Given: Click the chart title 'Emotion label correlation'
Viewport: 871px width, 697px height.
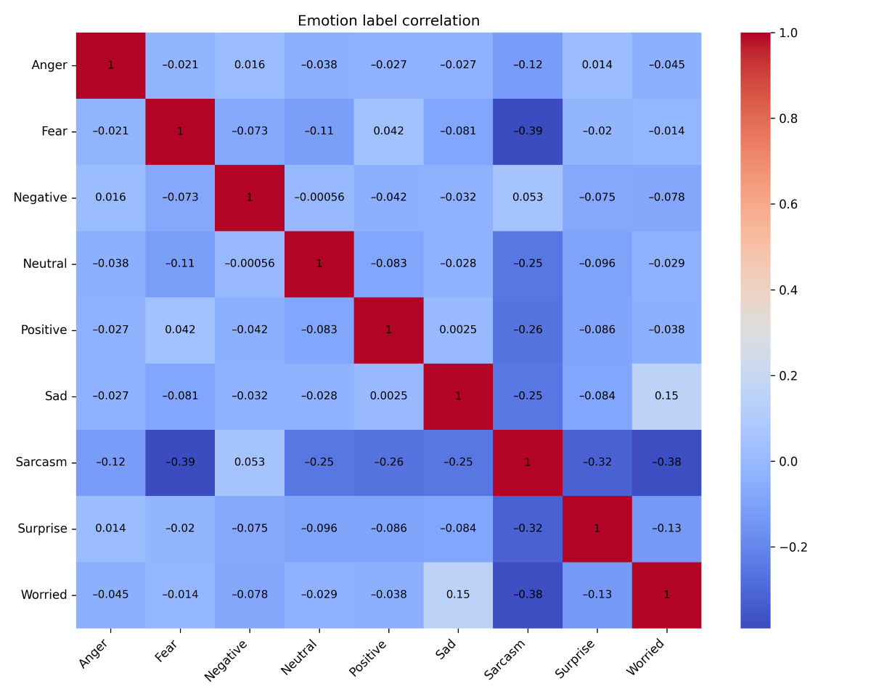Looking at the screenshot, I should [388, 21].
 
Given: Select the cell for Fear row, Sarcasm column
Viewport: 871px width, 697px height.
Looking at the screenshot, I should [528, 131].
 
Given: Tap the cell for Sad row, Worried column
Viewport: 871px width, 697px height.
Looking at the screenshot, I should [666, 396].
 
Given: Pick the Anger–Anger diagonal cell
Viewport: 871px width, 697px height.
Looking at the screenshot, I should [110, 65].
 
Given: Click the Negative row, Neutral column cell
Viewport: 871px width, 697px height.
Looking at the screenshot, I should [319, 197].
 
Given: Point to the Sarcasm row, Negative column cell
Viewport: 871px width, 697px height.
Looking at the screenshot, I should [250, 462].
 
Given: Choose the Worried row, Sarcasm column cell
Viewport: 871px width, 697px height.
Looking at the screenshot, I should [528, 595].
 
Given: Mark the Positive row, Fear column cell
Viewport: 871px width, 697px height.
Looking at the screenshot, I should [180, 330].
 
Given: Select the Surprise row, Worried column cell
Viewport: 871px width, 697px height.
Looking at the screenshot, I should [666, 528].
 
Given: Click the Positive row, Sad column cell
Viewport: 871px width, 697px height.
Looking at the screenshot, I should [458, 330].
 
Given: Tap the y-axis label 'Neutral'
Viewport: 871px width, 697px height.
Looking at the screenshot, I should [45, 264].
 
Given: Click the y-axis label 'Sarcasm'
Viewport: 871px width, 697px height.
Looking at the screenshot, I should [41, 462].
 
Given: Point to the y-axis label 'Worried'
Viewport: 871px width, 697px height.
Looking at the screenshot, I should [44, 595].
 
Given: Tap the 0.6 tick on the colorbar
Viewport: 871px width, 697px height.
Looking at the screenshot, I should [792, 204].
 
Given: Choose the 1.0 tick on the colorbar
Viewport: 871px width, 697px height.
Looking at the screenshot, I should [792, 33].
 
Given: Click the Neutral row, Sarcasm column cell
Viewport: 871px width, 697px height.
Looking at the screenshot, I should [528, 264].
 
